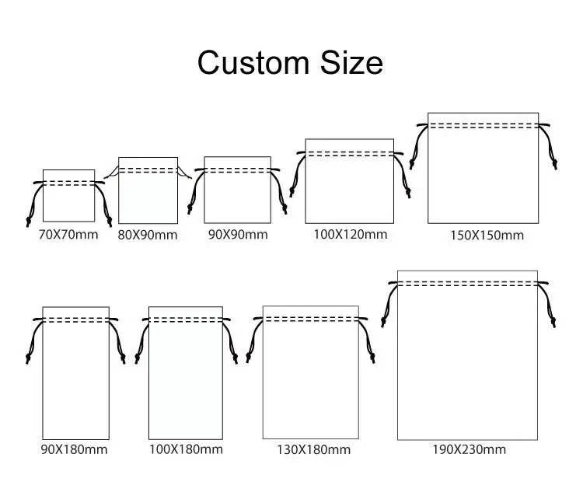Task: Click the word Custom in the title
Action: tap(253, 62)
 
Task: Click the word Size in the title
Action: tap(351, 62)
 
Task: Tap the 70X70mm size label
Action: tap(68, 235)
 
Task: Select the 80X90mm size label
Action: tap(148, 235)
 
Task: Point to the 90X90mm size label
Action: tap(238, 235)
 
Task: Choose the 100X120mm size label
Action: tap(351, 234)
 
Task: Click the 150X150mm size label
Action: tap(487, 235)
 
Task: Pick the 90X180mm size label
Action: tap(74, 449)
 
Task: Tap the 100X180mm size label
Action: tap(186, 449)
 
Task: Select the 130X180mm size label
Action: tap(313, 450)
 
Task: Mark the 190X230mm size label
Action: tap(469, 449)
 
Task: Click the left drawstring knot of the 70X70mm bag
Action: tap(28, 221)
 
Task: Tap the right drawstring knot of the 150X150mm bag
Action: tap(555, 163)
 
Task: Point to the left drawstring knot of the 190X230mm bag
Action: tap(383, 321)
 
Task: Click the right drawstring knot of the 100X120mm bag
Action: tap(408, 193)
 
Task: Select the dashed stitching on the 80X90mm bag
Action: tap(148, 171)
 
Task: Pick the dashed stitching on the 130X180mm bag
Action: tap(311, 319)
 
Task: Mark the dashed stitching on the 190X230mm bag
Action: tap(467, 284)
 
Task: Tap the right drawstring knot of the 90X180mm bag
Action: tap(123, 358)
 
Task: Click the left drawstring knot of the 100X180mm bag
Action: tap(137, 358)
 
